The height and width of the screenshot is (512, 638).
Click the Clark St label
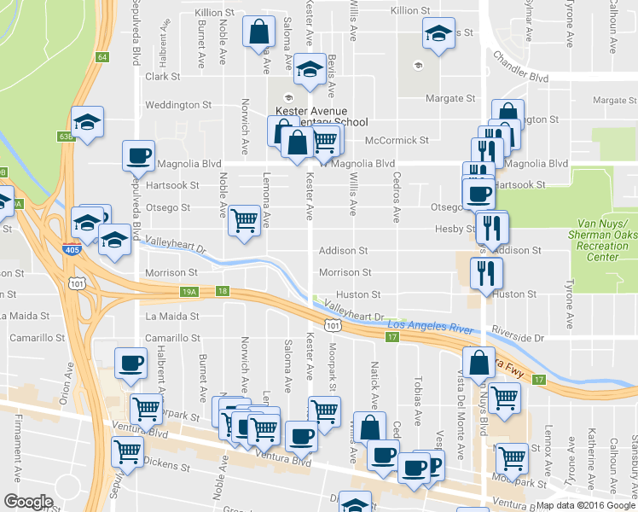click(x=162, y=76)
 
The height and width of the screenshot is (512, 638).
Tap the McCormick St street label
click(x=396, y=140)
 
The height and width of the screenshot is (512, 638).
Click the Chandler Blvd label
click(x=520, y=66)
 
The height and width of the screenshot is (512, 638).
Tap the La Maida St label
click(x=171, y=316)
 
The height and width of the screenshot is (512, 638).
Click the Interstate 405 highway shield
click(x=72, y=251)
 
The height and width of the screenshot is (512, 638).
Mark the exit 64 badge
click(x=102, y=57)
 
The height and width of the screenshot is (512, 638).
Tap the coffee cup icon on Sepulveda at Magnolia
click(x=138, y=155)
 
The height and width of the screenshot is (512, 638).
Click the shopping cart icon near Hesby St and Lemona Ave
click(x=245, y=220)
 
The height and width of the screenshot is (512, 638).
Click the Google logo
click(x=28, y=502)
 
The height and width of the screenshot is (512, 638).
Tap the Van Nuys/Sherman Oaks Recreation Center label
click(x=601, y=245)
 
